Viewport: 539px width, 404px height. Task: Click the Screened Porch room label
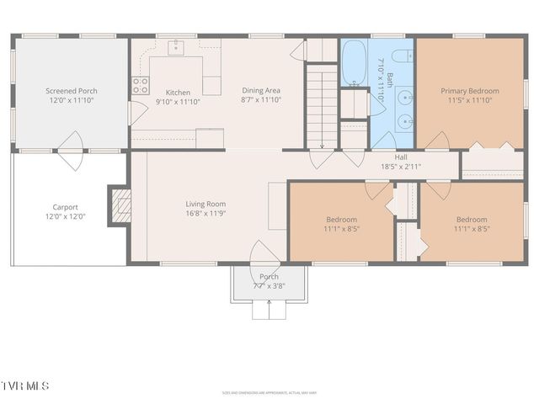pos(71,90)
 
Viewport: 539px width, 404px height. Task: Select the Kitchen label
pos(178,93)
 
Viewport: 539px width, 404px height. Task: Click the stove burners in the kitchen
pos(141,85)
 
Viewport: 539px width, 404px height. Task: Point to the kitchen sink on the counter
pos(178,46)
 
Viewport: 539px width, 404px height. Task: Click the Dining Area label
pos(261,90)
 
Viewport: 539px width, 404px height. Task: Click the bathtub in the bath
pos(353,61)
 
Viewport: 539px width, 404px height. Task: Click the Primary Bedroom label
pos(470,91)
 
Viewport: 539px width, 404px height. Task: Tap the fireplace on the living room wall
pos(121,205)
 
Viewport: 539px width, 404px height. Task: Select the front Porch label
pos(269,277)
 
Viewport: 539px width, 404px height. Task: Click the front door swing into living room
pos(264,252)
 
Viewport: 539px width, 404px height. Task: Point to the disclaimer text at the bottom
pos(269,392)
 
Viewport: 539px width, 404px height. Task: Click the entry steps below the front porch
pos(269,309)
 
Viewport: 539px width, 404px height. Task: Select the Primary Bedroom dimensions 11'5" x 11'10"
pos(470,100)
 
